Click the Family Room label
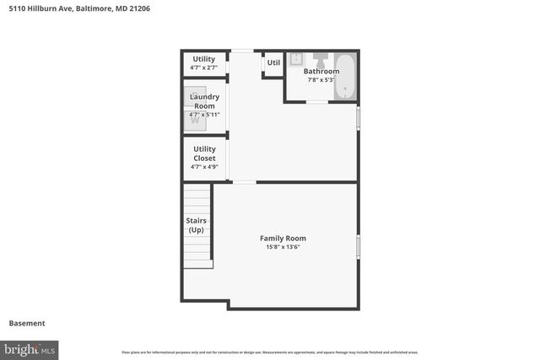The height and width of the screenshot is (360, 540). pyautogui.click(x=283, y=239)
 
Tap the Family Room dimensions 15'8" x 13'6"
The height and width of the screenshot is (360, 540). pyautogui.click(x=283, y=247)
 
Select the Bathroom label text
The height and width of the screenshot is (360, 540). pyautogui.click(x=321, y=72)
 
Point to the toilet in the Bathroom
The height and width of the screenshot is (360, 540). pyautogui.click(x=321, y=60)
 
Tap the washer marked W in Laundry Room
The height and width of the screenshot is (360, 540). pyautogui.click(x=195, y=121)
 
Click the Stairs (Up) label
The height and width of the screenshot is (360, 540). pyautogui.click(x=196, y=225)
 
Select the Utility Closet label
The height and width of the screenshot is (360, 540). pyautogui.click(x=204, y=153)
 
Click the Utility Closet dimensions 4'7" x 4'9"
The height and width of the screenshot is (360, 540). pyautogui.click(x=204, y=167)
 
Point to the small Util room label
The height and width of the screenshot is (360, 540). pyautogui.click(x=273, y=62)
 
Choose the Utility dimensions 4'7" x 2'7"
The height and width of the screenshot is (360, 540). pyautogui.click(x=204, y=67)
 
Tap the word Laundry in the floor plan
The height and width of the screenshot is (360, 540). pyautogui.click(x=204, y=97)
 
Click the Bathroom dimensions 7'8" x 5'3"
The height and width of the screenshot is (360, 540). pyautogui.click(x=321, y=80)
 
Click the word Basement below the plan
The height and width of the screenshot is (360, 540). pyautogui.click(x=27, y=323)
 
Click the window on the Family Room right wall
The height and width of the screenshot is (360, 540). pyautogui.click(x=358, y=246)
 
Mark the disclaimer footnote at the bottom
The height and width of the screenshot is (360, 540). pyautogui.click(x=270, y=352)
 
